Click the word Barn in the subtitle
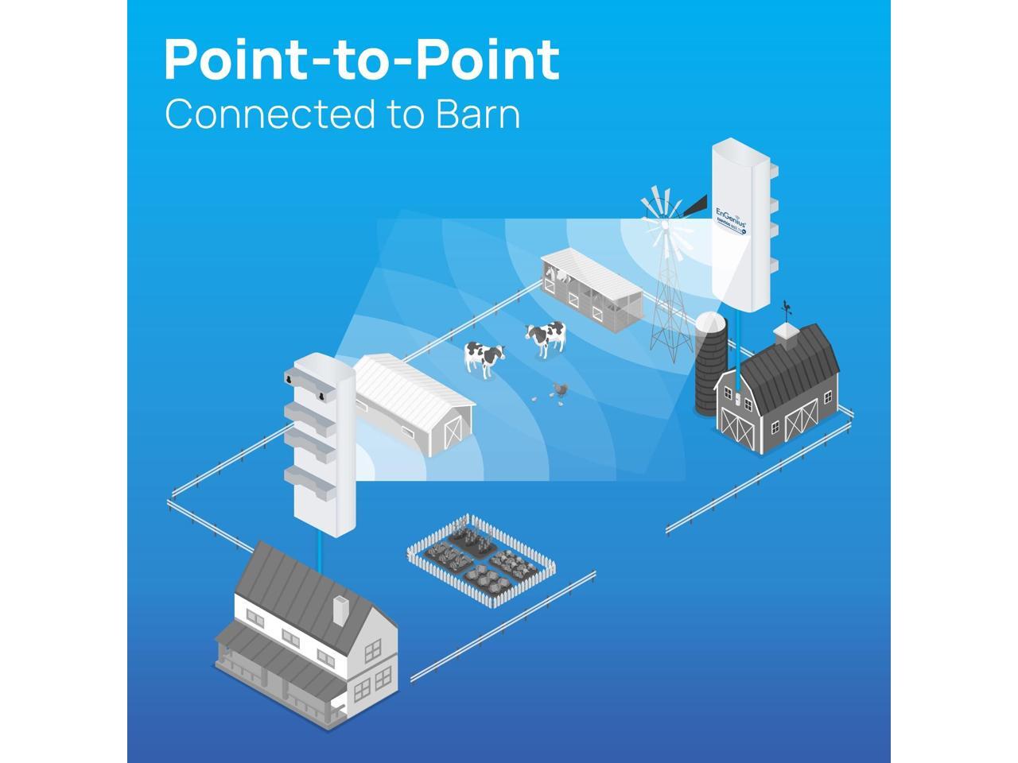pos(477,114)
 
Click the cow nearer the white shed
pos(484,356)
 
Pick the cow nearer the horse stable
pos(546,336)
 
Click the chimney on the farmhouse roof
pos(338,610)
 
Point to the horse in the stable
pos(560,275)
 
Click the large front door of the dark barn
pos(800,420)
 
